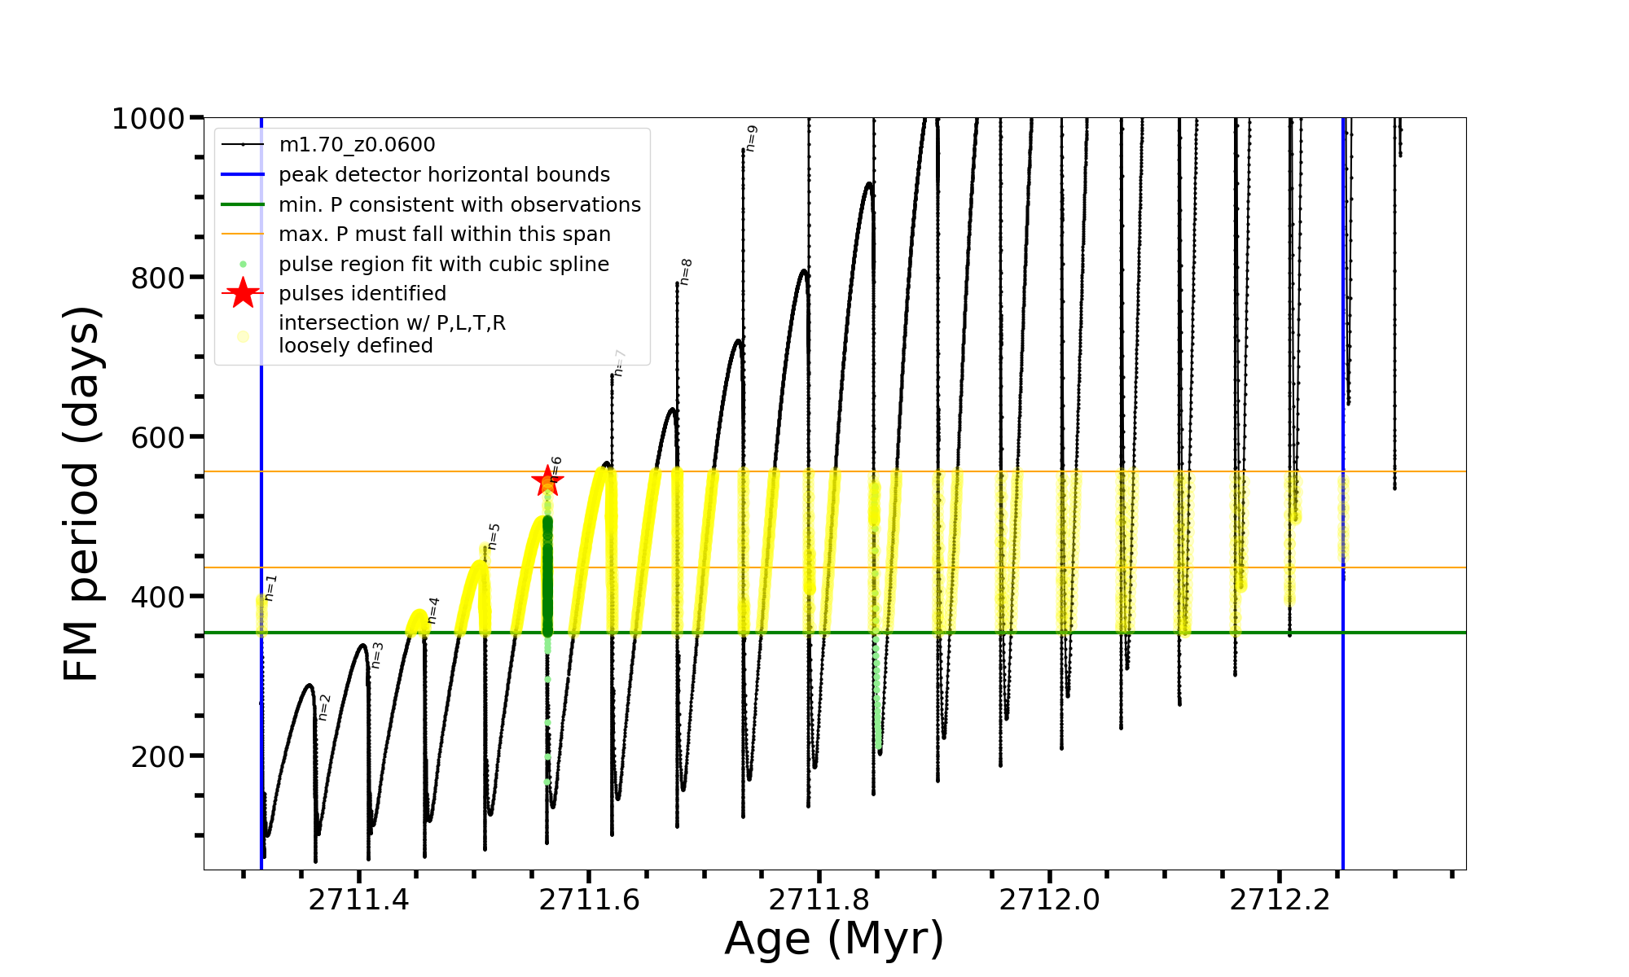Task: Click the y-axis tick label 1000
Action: click(148, 119)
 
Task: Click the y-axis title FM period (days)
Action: click(83, 493)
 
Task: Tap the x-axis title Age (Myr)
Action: click(834, 939)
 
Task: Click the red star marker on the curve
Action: click(547, 480)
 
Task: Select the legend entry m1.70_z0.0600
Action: click(357, 145)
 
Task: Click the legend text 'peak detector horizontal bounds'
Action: click(444, 175)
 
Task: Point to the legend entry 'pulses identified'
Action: click(362, 294)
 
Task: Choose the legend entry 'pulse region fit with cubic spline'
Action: click(444, 265)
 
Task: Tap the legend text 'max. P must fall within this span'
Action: click(445, 234)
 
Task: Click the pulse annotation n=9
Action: click(752, 138)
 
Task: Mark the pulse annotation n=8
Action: click(686, 272)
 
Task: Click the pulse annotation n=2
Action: click(324, 708)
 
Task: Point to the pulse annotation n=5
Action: click(494, 537)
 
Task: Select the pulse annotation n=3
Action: click(376, 655)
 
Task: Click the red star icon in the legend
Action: click(243, 293)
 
